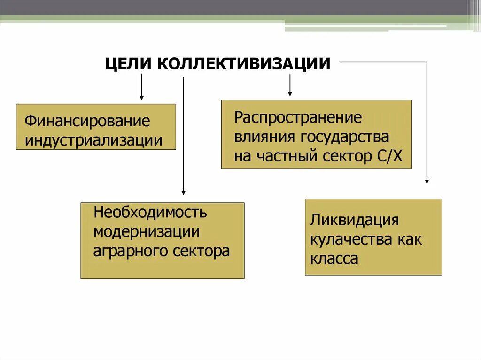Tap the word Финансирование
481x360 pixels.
87,121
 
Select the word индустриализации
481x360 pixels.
94,140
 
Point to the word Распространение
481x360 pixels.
298,117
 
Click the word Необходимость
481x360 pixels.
150,212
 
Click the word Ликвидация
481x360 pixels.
354,220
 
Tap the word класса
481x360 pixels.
334,259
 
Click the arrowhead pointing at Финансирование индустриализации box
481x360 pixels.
141,97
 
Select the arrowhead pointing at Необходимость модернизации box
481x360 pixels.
183,192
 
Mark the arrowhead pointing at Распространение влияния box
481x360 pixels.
290,93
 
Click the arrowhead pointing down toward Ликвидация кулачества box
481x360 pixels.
427,181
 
